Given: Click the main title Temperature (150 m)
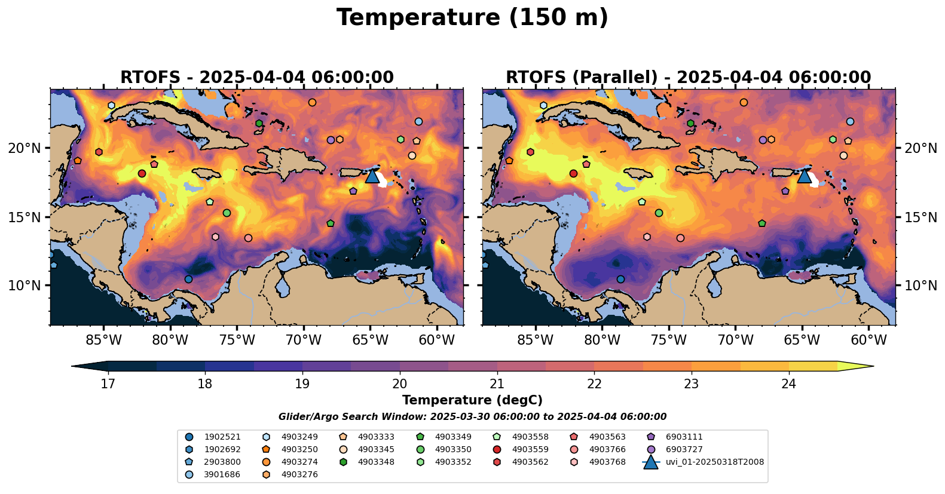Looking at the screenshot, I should point(472,18).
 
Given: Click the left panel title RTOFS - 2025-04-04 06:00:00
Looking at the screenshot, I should point(257,78).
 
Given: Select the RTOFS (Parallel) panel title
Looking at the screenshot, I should point(689,78).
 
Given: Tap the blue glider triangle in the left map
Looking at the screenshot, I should point(372,176).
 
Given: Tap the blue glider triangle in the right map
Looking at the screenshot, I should point(804,176).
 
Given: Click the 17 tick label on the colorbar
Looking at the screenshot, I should point(108,383).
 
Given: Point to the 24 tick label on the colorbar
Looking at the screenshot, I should point(789,383).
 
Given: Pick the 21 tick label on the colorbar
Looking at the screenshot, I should point(497,383).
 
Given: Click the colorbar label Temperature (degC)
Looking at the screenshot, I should point(472,400).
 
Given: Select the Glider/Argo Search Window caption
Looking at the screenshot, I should point(472,417).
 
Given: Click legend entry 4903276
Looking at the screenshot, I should point(299,475).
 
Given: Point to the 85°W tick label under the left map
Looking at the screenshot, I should point(103,340).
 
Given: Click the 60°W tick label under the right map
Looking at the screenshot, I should point(868,340).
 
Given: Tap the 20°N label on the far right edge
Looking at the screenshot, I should point(921,148).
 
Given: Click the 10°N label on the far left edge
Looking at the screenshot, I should point(25,286).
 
